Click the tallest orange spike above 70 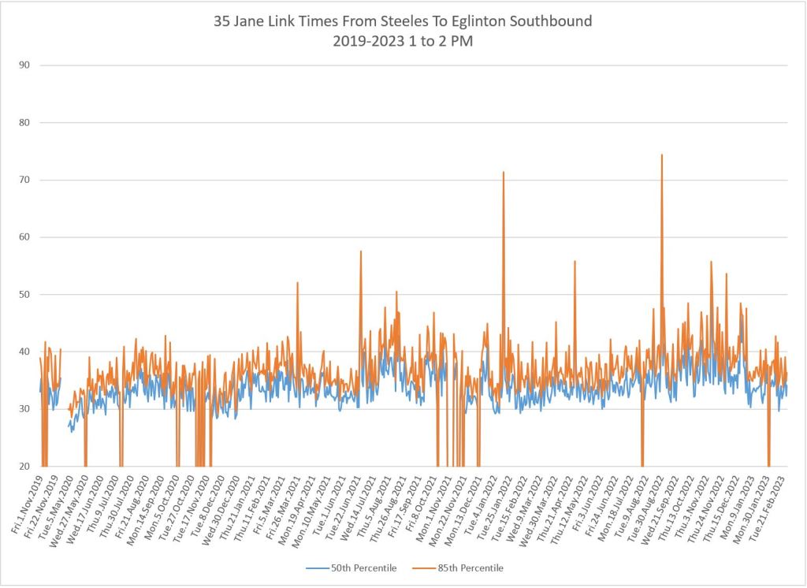(x=662, y=155)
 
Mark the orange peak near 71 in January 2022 (x=504, y=173)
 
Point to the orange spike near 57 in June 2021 (x=361, y=252)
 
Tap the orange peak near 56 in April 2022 (x=575, y=262)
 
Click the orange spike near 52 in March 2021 (x=297, y=284)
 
